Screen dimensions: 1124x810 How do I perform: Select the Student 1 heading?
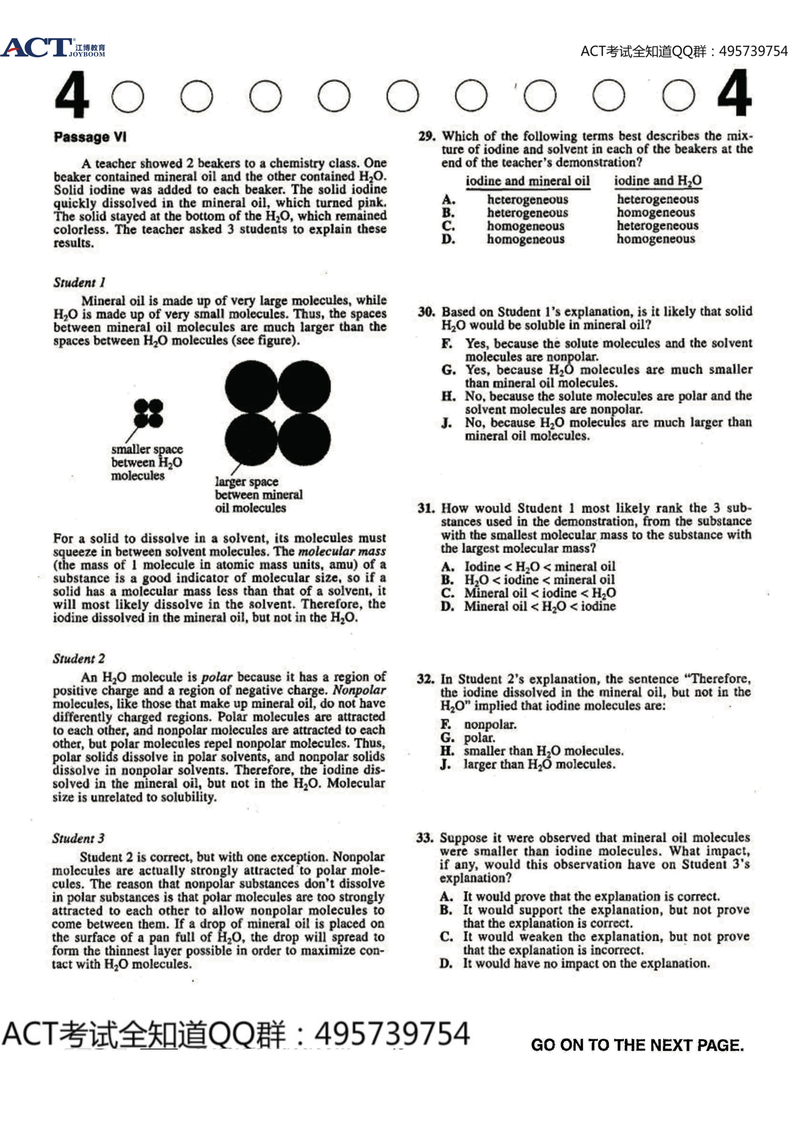pos(79,282)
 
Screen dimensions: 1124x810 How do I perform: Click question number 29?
pos(427,136)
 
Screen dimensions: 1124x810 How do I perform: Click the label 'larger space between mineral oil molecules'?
pos(258,495)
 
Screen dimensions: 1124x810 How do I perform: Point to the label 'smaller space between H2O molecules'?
pos(146,462)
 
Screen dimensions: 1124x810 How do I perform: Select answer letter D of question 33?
pos(446,964)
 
